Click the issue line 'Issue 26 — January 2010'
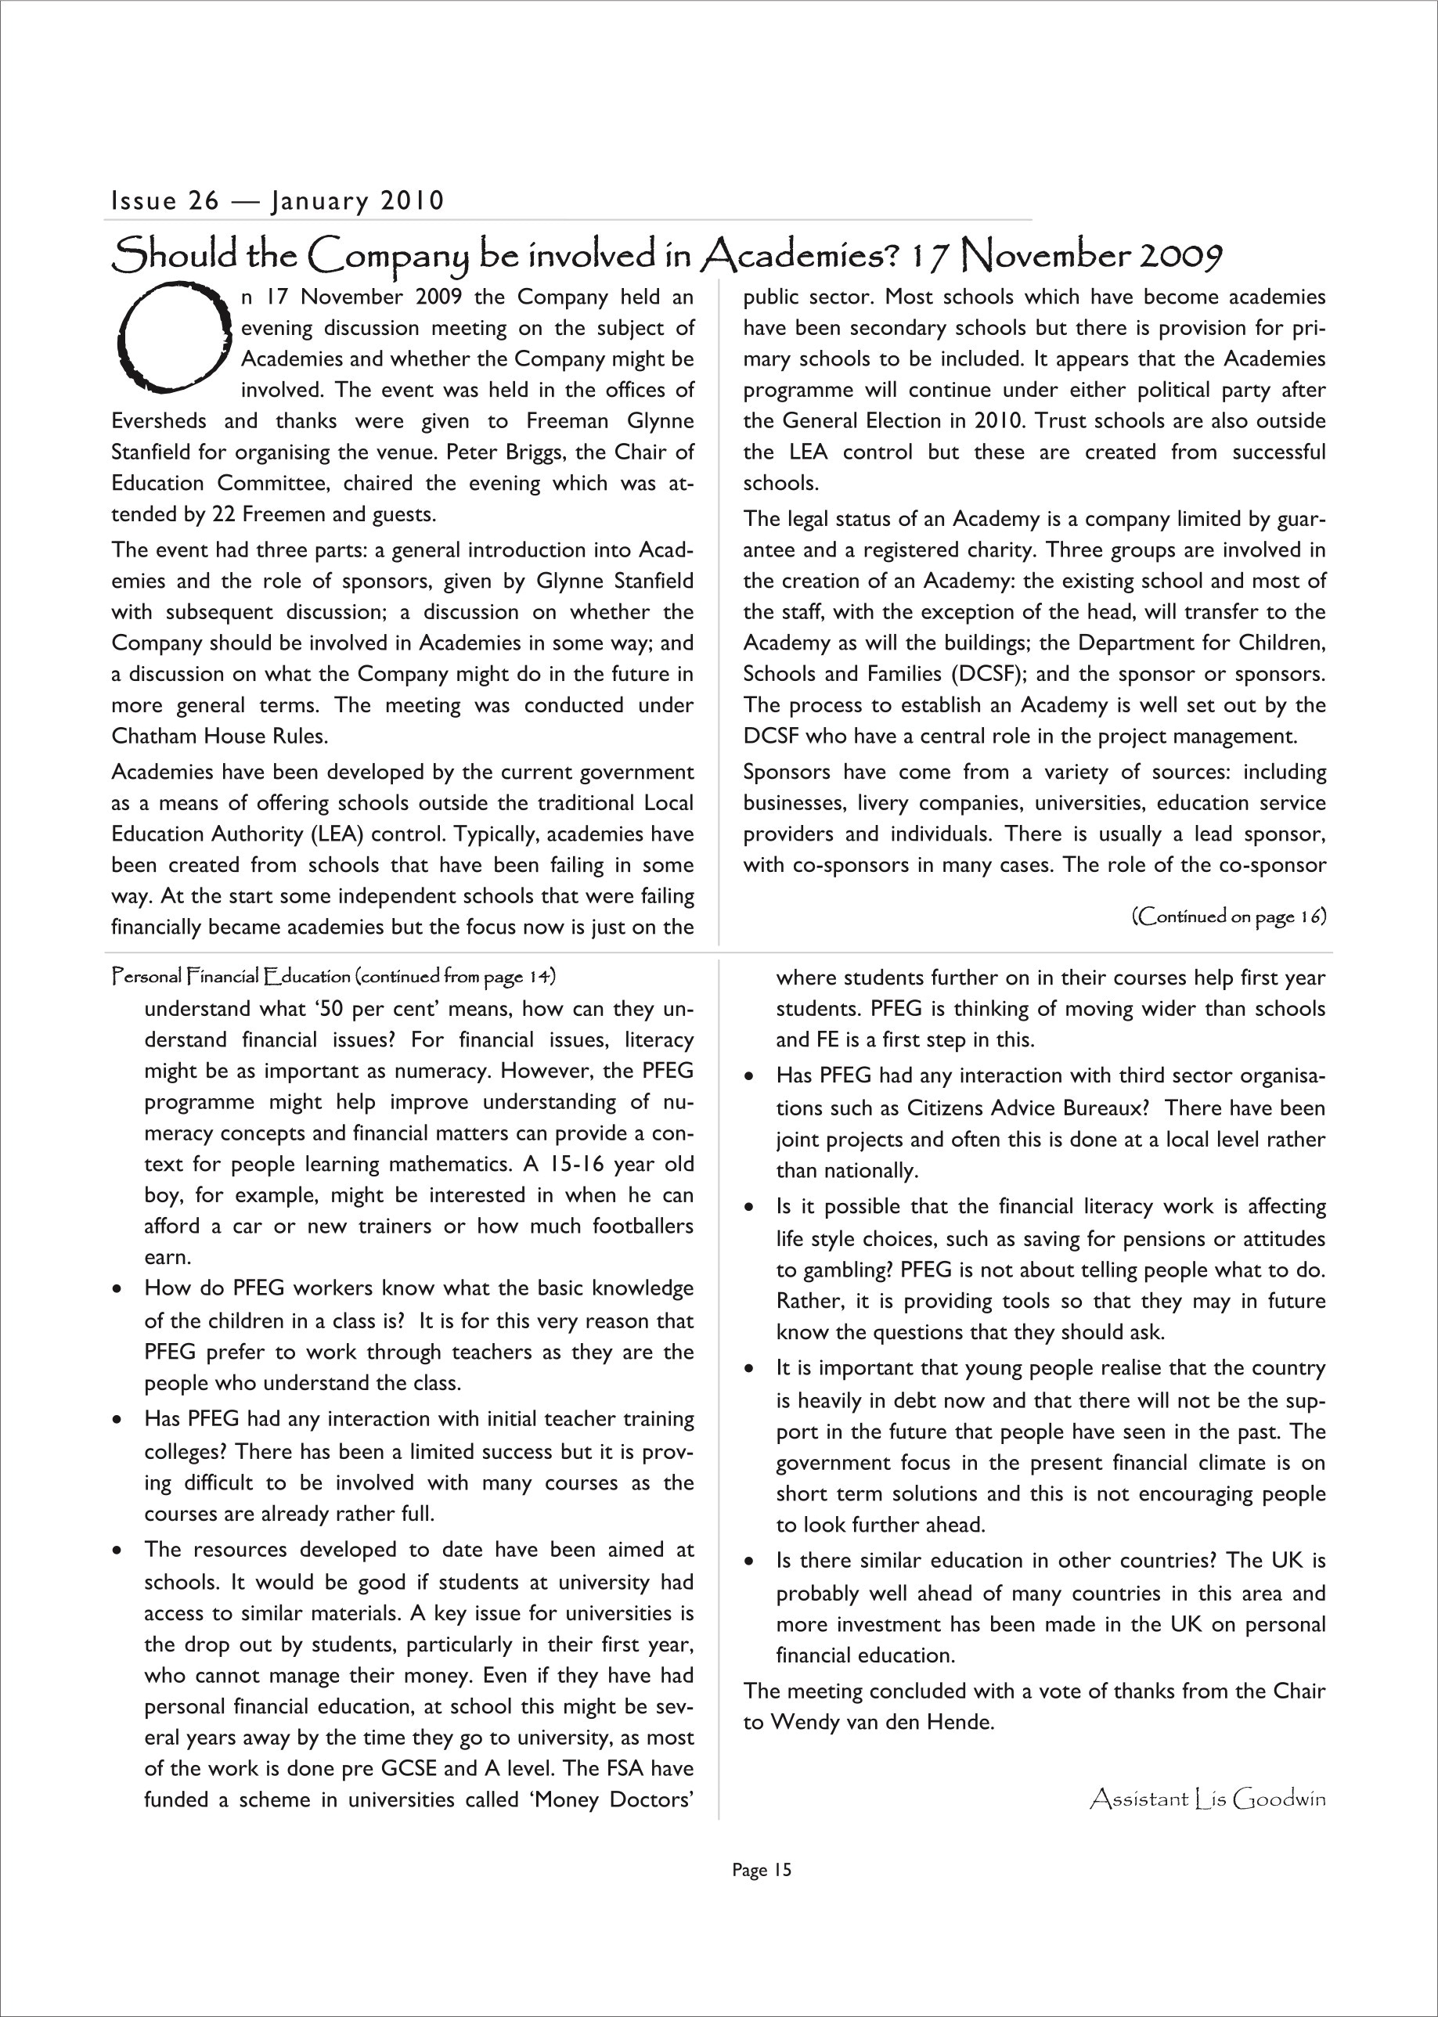click(x=277, y=201)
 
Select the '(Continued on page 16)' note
click(x=1228, y=916)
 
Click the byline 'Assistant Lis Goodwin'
click(x=1208, y=1799)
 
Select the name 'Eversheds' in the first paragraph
click(x=158, y=420)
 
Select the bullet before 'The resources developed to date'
click(x=117, y=1551)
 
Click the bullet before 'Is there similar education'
click(x=749, y=1563)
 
